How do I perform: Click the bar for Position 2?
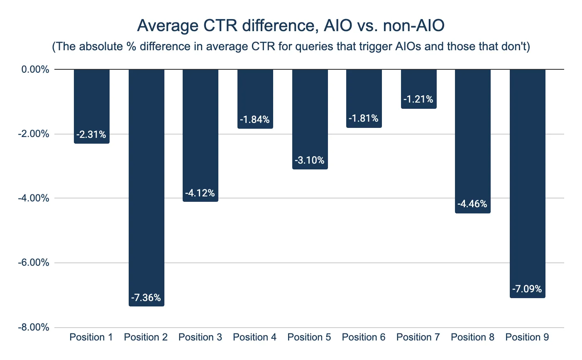pyautogui.click(x=147, y=187)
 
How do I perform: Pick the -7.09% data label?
pyautogui.click(x=527, y=289)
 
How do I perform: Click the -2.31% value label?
pyautogui.click(x=92, y=135)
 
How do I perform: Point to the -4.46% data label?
pyautogui.click(x=472, y=204)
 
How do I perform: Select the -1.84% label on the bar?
pyautogui.click(x=255, y=120)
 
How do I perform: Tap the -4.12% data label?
pyautogui.click(x=201, y=193)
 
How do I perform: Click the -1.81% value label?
pyautogui.click(x=364, y=119)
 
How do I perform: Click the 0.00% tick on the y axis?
pyautogui.click(x=36, y=69)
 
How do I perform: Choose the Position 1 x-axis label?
pyautogui.click(x=91, y=337)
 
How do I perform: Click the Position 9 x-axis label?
pyautogui.click(x=527, y=337)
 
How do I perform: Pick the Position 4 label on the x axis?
pyautogui.click(x=254, y=337)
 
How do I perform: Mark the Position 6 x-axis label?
pyautogui.click(x=364, y=337)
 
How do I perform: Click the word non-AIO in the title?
pyautogui.click(x=414, y=26)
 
